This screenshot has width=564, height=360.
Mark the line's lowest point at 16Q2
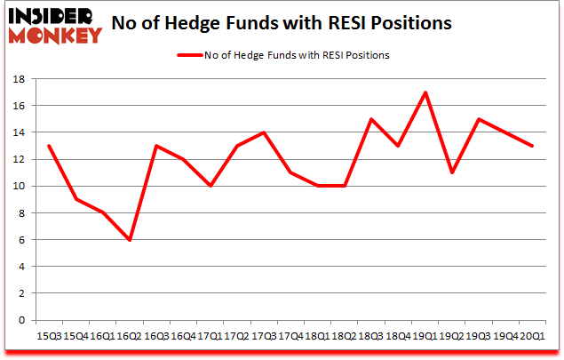click(130, 240)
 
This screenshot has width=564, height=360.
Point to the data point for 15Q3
click(48, 146)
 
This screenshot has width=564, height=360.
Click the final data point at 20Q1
click(533, 146)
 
